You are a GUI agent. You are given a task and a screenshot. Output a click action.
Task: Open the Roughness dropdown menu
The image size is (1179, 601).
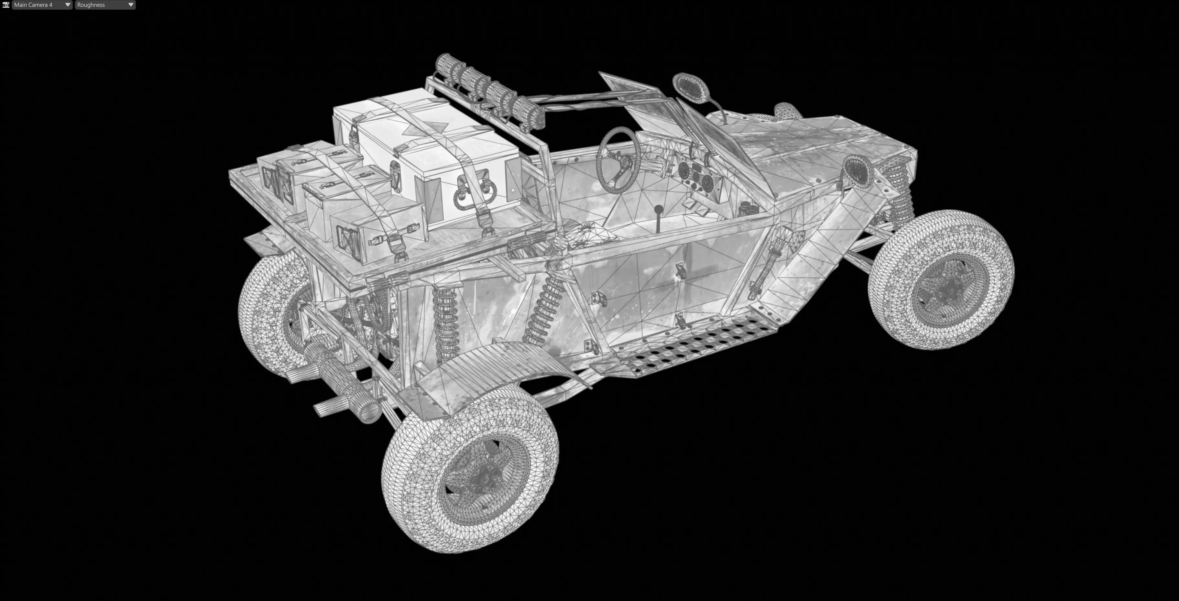105,5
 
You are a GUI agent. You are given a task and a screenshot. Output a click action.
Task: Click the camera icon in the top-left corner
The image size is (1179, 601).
5,5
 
